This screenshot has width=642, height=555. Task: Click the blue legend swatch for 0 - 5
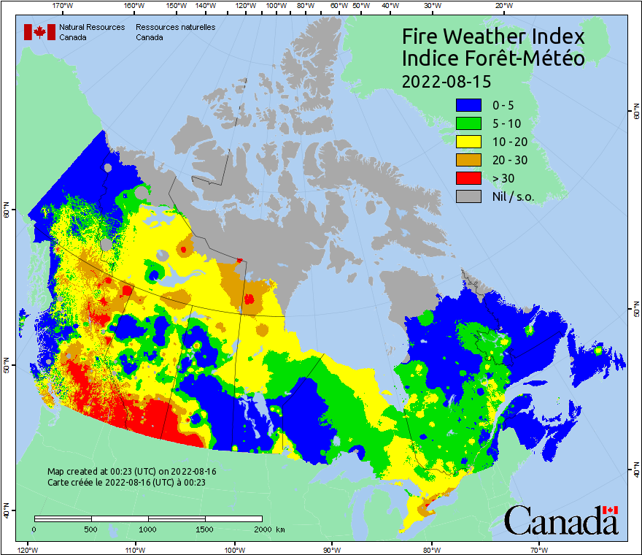pyautogui.click(x=468, y=105)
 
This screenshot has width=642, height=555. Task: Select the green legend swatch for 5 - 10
pyautogui.click(x=468, y=123)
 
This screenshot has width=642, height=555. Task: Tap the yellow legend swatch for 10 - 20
pyautogui.click(x=468, y=142)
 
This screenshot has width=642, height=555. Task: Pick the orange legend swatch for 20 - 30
pyautogui.click(x=468, y=160)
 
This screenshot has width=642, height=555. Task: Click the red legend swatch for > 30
pyautogui.click(x=468, y=178)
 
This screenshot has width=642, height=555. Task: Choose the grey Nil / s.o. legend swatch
pyautogui.click(x=468, y=196)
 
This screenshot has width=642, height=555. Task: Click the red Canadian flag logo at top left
pyautogui.click(x=39, y=31)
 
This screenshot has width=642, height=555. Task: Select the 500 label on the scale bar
pyautogui.click(x=90, y=529)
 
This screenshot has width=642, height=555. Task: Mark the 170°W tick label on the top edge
pyautogui.click(x=63, y=6)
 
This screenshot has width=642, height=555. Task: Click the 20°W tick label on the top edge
pyautogui.click(x=502, y=6)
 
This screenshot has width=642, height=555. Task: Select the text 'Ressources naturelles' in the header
pyautogui.click(x=175, y=27)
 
